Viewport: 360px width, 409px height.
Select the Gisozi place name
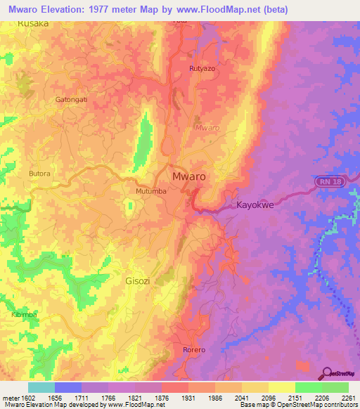point(137,280)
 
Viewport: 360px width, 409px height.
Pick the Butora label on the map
point(40,172)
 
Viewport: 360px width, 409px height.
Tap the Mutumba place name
point(151,190)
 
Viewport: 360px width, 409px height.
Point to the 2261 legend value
point(348,398)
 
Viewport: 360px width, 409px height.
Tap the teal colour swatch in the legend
point(41,387)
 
